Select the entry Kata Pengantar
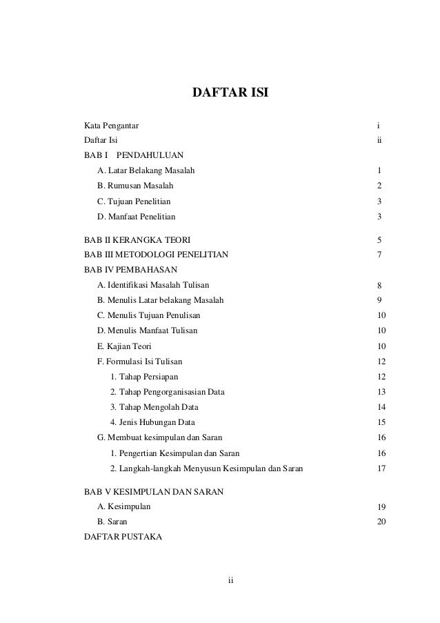pyautogui.click(x=110, y=126)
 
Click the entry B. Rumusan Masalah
pyautogui.click(x=135, y=186)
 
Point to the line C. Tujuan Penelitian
pyautogui.click(x=134, y=201)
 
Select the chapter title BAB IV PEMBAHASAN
pyautogui.click(x=130, y=268)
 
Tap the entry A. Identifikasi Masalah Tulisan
pyautogui.click(x=154, y=284)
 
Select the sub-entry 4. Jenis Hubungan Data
pyautogui.click(x=152, y=422)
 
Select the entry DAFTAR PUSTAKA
pyautogui.click(x=123, y=537)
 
